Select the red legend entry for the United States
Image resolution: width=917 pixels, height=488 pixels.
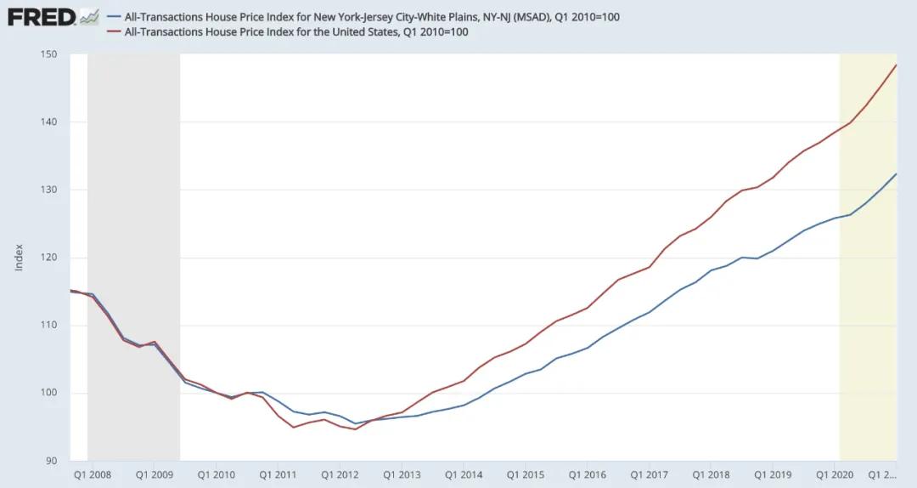pyautogui.click(x=296, y=32)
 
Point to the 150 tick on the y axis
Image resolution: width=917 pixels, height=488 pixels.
pyautogui.click(x=48, y=54)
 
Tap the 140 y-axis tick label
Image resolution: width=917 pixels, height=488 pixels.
pyautogui.click(x=48, y=122)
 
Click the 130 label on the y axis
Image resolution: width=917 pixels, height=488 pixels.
pyautogui.click(x=48, y=190)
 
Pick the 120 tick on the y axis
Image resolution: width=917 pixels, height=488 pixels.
pyautogui.click(x=48, y=258)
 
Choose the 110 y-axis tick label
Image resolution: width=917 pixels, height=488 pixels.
pyautogui.click(x=48, y=325)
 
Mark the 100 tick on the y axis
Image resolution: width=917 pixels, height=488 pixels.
pyautogui.click(x=48, y=393)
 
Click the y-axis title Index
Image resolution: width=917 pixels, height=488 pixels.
pyautogui.click(x=19, y=258)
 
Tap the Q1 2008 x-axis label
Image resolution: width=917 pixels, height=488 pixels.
pyautogui.click(x=92, y=474)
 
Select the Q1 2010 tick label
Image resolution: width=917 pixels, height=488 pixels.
pyautogui.click(x=216, y=474)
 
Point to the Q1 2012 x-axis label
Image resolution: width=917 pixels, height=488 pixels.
pyautogui.click(x=340, y=474)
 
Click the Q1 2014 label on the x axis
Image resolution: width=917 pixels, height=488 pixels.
pyautogui.click(x=464, y=474)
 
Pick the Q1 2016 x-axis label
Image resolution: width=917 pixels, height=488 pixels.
pyautogui.click(x=588, y=474)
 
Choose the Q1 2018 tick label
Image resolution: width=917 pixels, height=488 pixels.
pyautogui.click(x=712, y=474)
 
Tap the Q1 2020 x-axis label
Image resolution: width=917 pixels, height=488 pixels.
pyautogui.click(x=835, y=474)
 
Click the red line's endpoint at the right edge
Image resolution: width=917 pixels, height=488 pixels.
pyautogui.click(x=897, y=65)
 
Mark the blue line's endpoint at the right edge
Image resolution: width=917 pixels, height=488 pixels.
pyautogui.click(x=897, y=173)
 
